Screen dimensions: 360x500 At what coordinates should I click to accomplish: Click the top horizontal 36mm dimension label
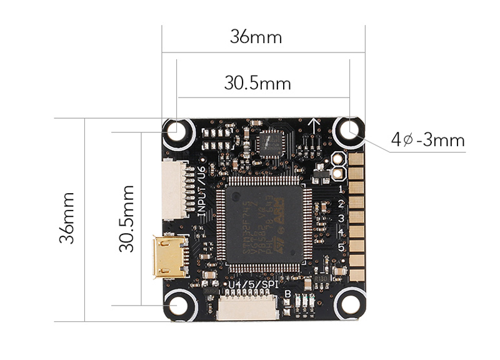point(256,37)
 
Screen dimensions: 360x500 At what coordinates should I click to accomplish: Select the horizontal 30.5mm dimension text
point(257,83)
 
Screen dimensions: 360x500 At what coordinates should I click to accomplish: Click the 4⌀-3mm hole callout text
point(428,139)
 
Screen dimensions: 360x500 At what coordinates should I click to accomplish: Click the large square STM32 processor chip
point(263,221)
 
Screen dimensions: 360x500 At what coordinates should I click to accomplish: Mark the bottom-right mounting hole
point(348,304)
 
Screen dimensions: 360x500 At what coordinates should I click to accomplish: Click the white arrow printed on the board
point(314,124)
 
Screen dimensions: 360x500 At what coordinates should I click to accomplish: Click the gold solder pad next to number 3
point(357,218)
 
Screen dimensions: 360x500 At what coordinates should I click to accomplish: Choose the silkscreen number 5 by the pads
point(341,247)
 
